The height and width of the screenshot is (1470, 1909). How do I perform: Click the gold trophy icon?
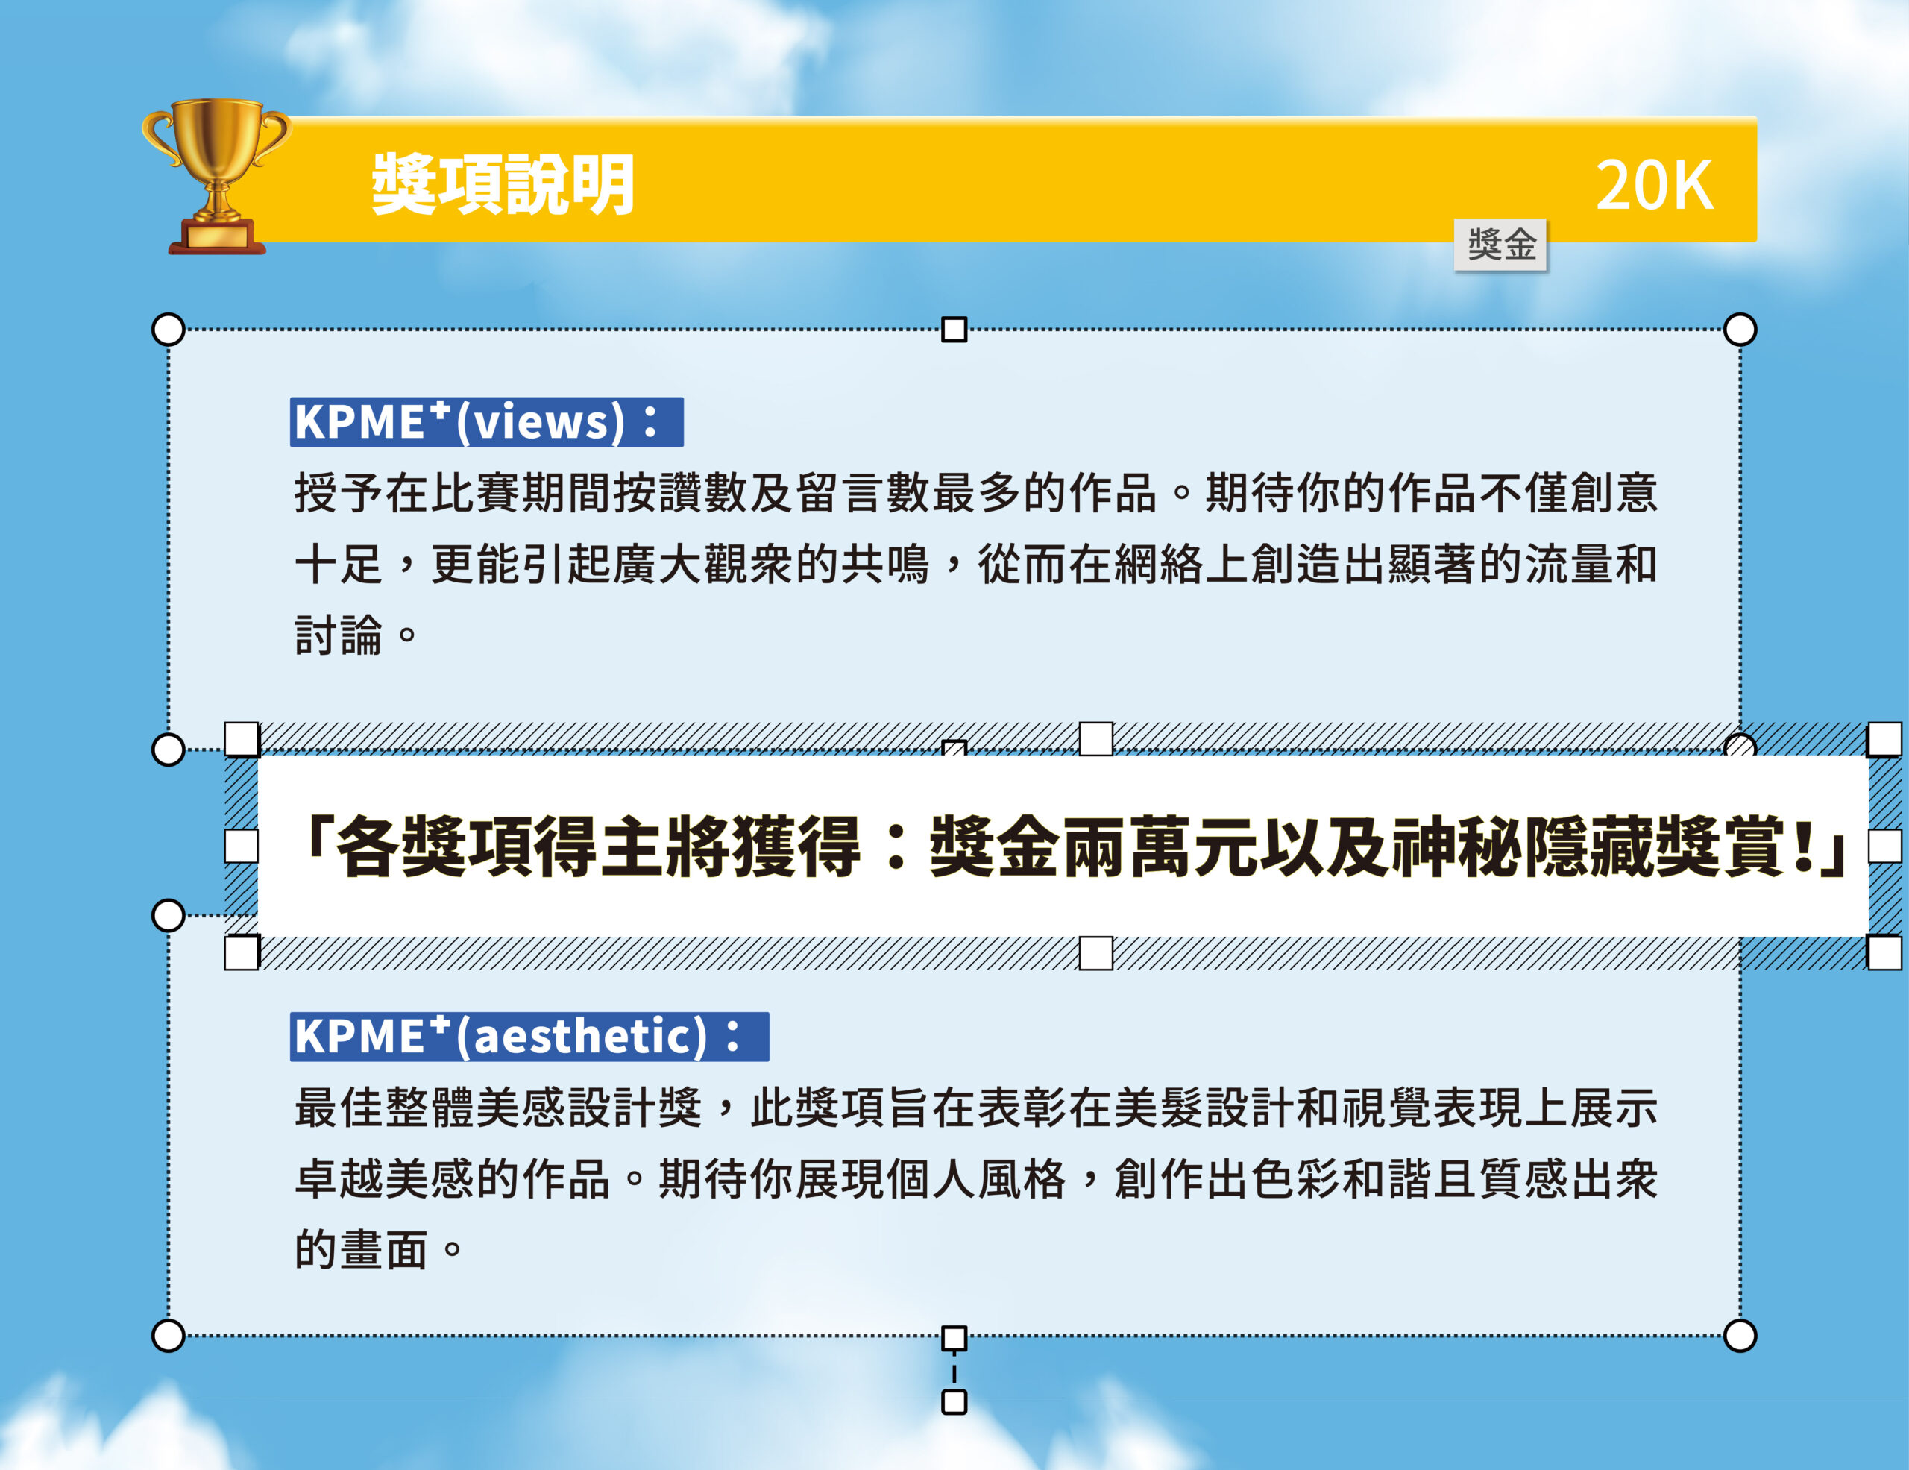[x=216, y=177]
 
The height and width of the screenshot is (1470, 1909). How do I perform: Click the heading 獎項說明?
[x=503, y=184]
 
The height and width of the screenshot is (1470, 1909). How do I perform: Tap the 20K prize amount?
[x=1654, y=185]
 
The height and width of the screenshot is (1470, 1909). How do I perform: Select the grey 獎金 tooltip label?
[x=1501, y=245]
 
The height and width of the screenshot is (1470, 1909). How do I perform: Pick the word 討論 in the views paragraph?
[x=339, y=635]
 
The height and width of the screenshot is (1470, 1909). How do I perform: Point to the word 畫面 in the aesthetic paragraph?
[x=384, y=1250]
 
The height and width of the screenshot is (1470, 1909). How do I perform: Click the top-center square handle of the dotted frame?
[x=954, y=330]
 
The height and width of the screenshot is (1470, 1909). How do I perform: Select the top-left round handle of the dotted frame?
[x=169, y=330]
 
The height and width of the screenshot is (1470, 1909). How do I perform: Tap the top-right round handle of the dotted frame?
[x=1740, y=330]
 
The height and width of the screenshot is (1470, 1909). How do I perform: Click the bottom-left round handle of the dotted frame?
[x=169, y=1336]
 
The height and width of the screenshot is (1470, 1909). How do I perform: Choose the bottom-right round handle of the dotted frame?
[x=1740, y=1336]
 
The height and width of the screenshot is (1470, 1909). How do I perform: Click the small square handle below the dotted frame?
[x=954, y=1402]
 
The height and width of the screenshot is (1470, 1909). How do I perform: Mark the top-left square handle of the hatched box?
[x=242, y=739]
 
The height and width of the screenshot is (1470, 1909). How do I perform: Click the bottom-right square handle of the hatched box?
[x=1884, y=952]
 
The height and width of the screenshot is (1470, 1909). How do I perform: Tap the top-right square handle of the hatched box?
[x=1884, y=739]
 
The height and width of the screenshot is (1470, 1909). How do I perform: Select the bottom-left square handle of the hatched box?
[x=242, y=952]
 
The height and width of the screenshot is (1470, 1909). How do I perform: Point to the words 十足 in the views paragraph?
[x=339, y=564]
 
